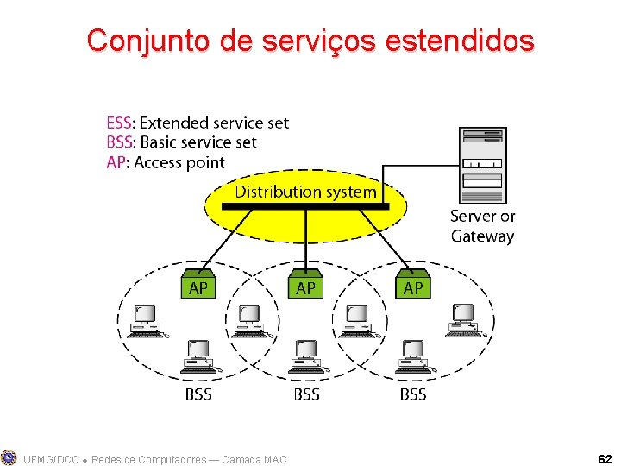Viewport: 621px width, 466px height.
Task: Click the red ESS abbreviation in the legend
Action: point(120,123)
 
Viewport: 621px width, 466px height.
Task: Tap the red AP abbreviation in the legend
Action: point(116,162)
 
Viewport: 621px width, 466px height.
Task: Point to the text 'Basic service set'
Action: point(198,142)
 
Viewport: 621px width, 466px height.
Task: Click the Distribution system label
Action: point(305,192)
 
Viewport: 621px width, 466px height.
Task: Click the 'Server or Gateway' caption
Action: point(482,226)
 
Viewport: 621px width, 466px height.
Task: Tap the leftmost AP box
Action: point(198,287)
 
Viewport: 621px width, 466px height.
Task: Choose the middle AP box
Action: point(305,287)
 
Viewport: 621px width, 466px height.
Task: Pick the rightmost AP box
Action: point(413,287)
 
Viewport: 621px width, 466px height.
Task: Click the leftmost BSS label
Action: point(198,394)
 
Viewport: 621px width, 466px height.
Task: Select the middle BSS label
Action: point(306,394)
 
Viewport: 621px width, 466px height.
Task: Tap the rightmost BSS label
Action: point(413,394)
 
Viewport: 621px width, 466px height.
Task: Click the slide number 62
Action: point(605,459)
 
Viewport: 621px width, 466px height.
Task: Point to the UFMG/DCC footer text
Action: point(52,459)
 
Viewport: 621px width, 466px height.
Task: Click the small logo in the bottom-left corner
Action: point(9,457)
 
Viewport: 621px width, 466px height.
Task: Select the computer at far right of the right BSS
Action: point(463,319)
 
